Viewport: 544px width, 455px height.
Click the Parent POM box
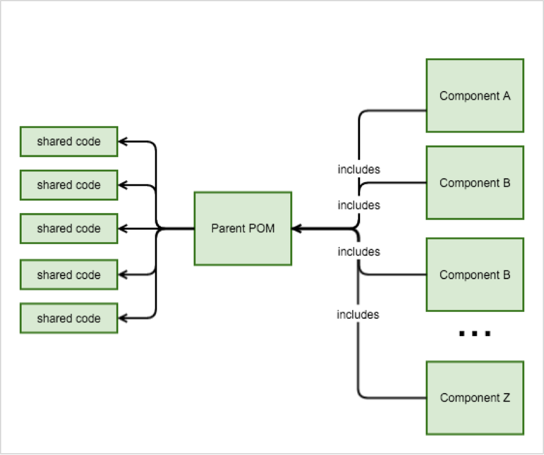coord(243,228)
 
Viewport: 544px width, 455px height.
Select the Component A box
coord(475,95)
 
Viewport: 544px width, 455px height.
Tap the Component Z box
coord(475,397)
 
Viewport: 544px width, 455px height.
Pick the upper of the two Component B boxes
coord(475,183)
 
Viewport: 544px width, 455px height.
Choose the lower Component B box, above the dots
coord(475,274)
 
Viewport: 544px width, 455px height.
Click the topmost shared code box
coord(69,142)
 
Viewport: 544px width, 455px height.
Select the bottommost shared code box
coord(69,318)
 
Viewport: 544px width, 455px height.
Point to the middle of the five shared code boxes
coord(69,228)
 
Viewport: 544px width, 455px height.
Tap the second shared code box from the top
coord(69,185)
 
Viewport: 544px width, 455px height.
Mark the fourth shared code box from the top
coord(69,274)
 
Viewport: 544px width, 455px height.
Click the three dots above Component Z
coord(475,334)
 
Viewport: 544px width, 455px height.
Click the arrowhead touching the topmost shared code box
coord(122,142)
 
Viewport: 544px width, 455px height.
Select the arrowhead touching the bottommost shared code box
coord(122,318)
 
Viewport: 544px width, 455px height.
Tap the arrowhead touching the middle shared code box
coord(122,228)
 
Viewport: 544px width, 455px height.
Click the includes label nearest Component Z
coord(358,314)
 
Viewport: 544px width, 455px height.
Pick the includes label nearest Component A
coord(359,169)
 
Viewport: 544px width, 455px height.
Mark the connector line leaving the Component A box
coord(393,111)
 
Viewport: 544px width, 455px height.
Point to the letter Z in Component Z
coord(506,397)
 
